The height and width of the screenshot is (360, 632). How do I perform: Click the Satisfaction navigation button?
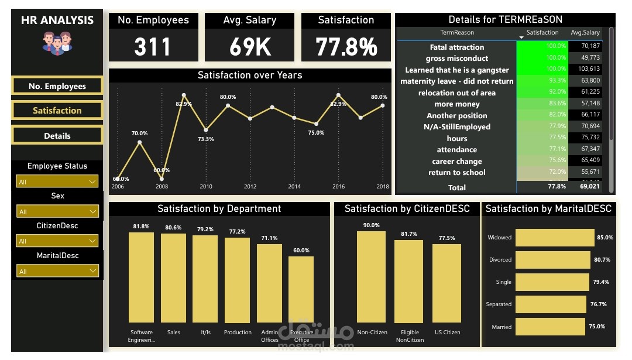pos(57,111)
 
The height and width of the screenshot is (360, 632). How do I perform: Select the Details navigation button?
pos(57,136)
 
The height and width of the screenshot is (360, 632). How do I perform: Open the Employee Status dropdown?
pos(57,182)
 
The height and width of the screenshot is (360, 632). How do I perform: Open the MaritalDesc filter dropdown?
pos(57,272)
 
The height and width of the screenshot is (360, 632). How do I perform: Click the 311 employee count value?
pos(152,47)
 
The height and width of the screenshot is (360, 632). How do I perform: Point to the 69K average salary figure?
pos(250,47)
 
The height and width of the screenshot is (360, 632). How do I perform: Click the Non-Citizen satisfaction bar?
pos(372,276)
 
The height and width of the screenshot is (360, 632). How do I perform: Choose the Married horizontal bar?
pos(550,327)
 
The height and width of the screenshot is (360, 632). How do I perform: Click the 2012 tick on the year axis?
pos(250,187)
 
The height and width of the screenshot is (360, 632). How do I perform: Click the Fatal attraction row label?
pos(456,47)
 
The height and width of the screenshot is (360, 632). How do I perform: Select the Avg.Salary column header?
pos(585,33)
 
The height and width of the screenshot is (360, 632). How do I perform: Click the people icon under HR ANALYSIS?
pos(57,43)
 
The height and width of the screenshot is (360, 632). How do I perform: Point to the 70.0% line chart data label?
pos(139,133)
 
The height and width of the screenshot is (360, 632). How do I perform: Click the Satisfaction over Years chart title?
pos(250,76)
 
